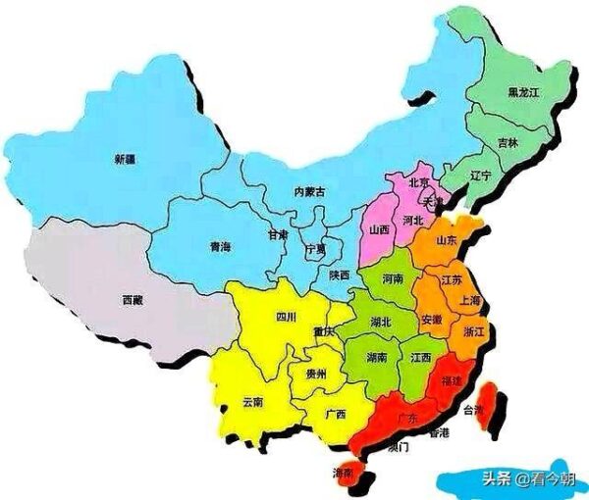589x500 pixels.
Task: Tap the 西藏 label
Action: pyautogui.click(x=134, y=298)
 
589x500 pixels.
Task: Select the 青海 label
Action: pyautogui.click(x=221, y=248)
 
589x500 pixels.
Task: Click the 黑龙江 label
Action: pyautogui.click(x=523, y=93)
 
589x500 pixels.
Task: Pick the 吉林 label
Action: pyautogui.click(x=508, y=143)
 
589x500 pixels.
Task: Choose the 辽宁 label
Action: pyautogui.click(x=481, y=177)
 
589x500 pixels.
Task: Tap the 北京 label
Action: pyautogui.click(x=418, y=182)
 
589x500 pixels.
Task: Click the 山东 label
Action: pyautogui.click(x=448, y=240)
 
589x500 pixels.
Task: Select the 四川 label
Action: pyautogui.click(x=286, y=318)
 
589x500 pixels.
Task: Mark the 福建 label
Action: pyautogui.click(x=454, y=379)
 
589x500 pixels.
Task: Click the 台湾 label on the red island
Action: pyautogui.click(x=475, y=410)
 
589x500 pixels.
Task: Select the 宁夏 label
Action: pyautogui.click(x=314, y=251)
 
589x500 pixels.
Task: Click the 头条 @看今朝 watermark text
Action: pyautogui.click(x=511, y=478)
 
